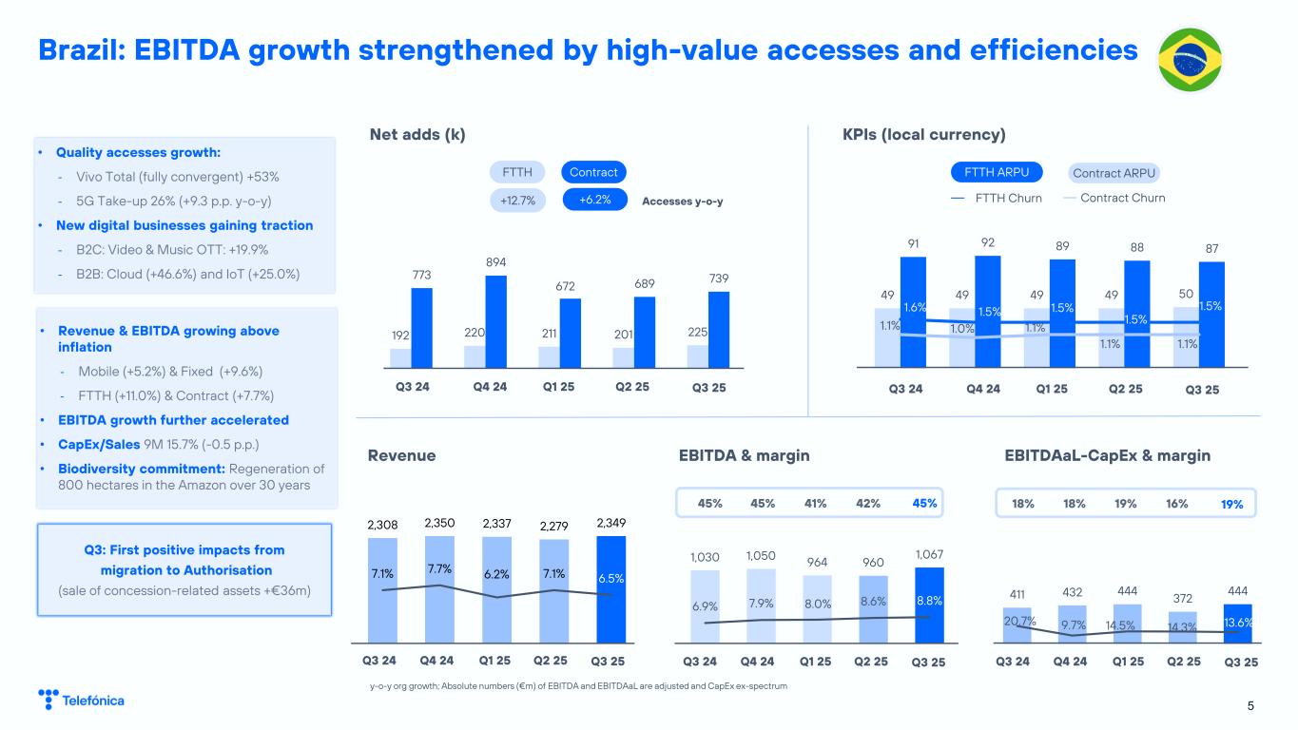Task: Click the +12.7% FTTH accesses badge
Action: (x=518, y=201)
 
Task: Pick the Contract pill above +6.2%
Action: (x=592, y=172)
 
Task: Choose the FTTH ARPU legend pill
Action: (x=997, y=172)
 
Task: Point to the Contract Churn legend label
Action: (x=1122, y=198)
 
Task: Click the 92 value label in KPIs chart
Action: (x=988, y=242)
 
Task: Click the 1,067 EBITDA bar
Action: (x=929, y=602)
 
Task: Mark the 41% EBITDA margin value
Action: (x=815, y=504)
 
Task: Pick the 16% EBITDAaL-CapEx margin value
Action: (x=1175, y=504)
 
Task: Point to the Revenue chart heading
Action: (x=401, y=456)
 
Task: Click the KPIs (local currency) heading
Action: (x=923, y=134)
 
